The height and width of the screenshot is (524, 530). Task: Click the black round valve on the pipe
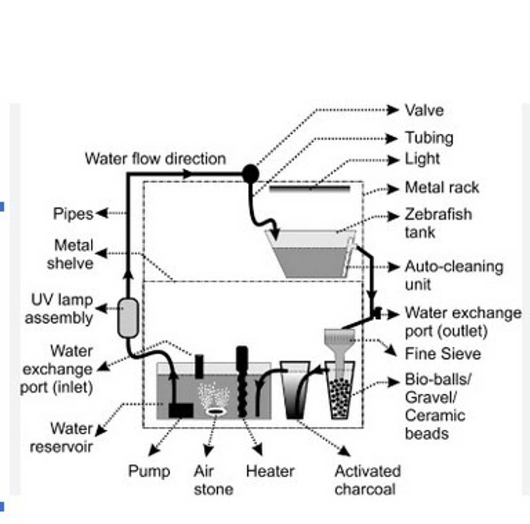(250, 173)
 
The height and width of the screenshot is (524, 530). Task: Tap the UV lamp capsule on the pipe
(128, 318)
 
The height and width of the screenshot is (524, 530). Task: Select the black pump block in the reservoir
(181, 410)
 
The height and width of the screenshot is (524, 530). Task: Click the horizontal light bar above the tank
(310, 188)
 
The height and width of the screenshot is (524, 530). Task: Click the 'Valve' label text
(424, 110)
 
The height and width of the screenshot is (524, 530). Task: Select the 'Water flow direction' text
(155, 159)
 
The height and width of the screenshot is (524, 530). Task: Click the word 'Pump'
(149, 471)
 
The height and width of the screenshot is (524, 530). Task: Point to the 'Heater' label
(270, 471)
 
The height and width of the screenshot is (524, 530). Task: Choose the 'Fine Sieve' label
(442, 353)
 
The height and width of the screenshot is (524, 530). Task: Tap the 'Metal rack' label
(441, 187)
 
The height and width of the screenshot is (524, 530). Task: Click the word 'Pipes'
(73, 214)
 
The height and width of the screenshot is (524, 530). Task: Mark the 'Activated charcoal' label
(367, 480)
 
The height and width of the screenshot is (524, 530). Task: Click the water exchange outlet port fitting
(377, 313)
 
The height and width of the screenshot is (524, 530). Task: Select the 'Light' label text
(422, 159)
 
